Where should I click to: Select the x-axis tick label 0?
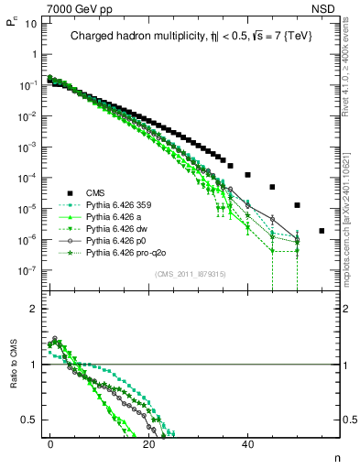click(50, 443)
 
